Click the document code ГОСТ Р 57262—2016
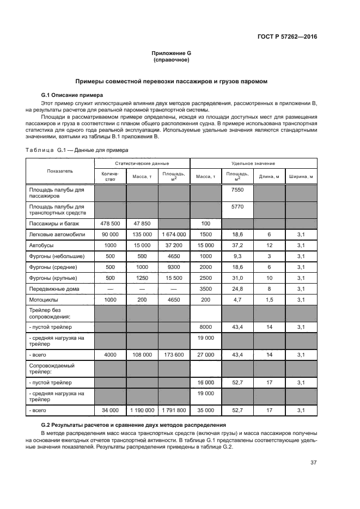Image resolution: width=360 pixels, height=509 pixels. point(288,37)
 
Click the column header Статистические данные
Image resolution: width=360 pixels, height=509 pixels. point(142,163)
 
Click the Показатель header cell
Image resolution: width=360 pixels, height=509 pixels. point(60,171)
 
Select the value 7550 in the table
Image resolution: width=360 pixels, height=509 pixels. point(237,189)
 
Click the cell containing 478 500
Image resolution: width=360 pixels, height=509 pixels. point(110,224)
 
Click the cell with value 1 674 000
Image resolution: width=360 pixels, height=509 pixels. point(174,234)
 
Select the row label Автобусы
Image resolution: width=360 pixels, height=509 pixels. point(41,246)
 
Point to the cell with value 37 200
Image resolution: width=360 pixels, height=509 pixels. point(174,246)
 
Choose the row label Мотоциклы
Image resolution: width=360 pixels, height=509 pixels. point(44,300)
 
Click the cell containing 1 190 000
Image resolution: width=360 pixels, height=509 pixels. point(142,410)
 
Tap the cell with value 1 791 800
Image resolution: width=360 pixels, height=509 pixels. point(174,410)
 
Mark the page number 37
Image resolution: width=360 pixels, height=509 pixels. point(313,463)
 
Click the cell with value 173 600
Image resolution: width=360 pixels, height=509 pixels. point(174,354)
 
